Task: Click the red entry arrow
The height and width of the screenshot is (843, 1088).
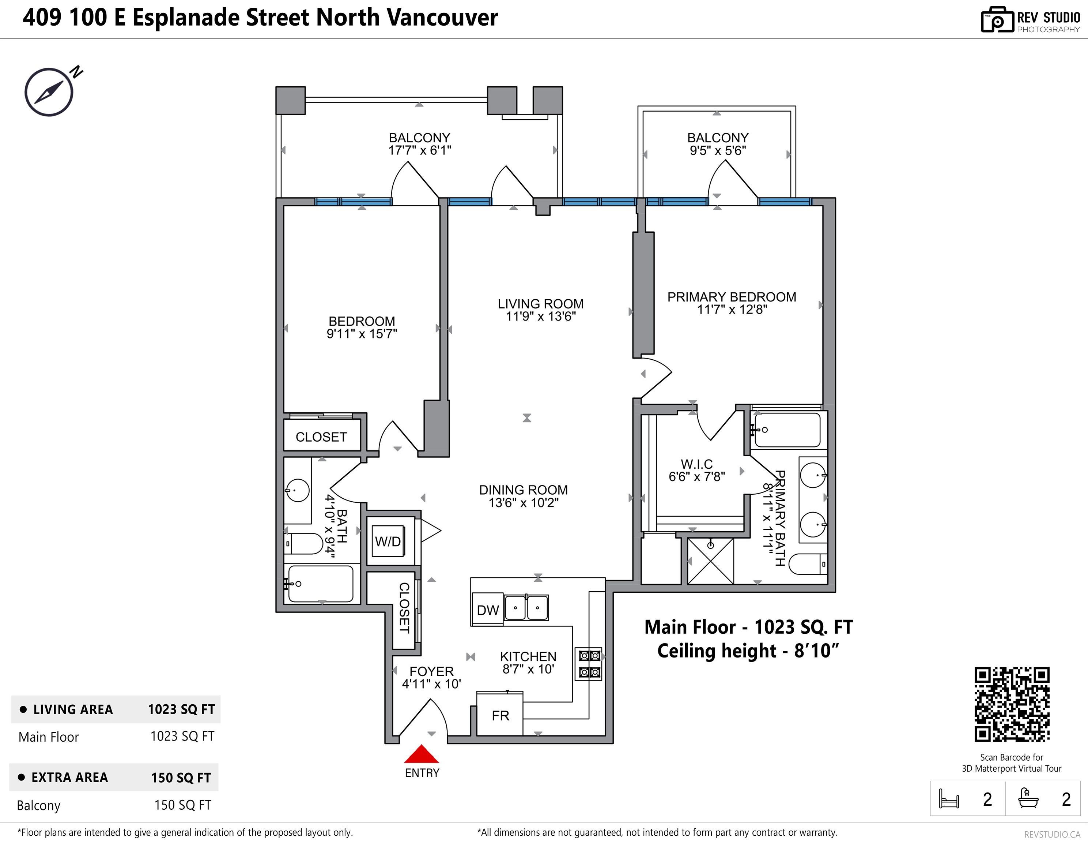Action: tap(422, 754)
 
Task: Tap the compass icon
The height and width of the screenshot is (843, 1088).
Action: tap(49, 92)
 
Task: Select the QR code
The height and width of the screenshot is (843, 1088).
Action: tap(1012, 704)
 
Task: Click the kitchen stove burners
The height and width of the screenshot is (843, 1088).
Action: tap(589, 663)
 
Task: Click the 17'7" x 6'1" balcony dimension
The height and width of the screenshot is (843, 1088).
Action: tap(419, 150)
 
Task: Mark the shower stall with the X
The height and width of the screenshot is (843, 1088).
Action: tap(710, 561)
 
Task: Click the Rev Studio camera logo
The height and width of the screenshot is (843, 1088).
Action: tap(997, 20)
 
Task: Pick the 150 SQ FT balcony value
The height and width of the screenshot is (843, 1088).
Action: tap(183, 805)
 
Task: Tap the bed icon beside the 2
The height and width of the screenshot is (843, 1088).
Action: tap(948, 799)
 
